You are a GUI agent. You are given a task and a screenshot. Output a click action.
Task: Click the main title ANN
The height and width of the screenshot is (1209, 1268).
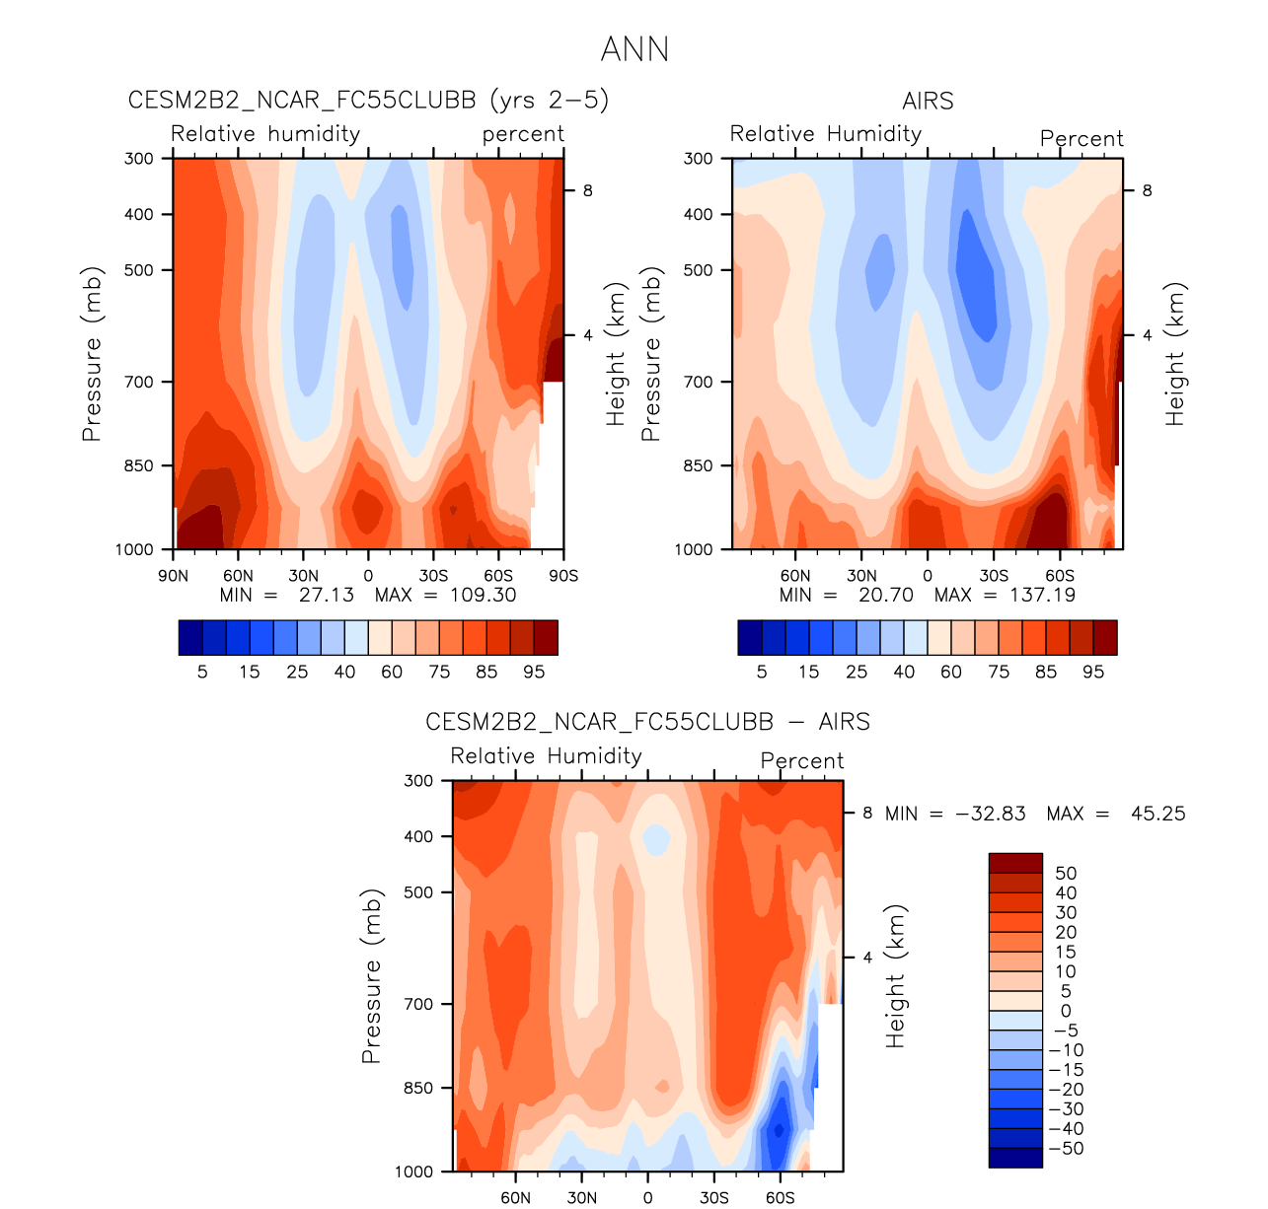634,49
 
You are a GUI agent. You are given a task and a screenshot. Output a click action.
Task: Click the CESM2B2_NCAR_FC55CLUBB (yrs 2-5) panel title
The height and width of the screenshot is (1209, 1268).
369,101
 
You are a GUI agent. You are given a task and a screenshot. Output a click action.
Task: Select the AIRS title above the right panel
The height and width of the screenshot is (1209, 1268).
928,101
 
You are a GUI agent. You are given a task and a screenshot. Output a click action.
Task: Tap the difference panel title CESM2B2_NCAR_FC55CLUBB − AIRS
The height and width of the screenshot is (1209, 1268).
647,722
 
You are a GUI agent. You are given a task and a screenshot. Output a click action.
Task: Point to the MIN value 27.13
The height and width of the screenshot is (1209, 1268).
326,595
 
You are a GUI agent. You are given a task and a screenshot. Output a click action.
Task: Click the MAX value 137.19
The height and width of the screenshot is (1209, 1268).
1042,595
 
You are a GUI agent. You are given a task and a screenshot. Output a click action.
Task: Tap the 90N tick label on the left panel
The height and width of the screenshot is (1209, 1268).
173,576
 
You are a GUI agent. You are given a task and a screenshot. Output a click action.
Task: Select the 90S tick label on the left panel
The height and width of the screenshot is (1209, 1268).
563,576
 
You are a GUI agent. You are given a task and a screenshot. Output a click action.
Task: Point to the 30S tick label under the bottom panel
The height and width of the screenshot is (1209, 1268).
713,1198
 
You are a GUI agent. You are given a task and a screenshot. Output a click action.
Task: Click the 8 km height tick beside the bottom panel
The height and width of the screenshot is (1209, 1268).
867,814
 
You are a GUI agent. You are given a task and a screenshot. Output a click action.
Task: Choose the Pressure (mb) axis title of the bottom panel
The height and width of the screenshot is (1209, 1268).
371,976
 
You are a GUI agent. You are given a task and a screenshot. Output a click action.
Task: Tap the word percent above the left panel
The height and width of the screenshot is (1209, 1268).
523,134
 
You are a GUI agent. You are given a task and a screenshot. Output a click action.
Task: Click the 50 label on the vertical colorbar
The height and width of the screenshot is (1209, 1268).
1066,874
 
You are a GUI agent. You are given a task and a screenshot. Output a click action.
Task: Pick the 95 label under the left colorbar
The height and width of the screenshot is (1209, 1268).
534,672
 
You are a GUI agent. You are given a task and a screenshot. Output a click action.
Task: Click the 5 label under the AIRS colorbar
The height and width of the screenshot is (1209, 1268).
762,672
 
